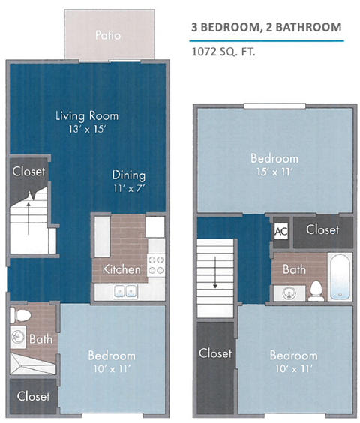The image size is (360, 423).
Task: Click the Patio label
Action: (109, 35)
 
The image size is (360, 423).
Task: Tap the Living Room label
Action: (88, 116)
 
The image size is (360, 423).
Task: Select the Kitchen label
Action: (121, 268)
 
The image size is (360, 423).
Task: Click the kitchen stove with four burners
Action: (156, 265)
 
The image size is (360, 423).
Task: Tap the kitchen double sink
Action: (124, 291)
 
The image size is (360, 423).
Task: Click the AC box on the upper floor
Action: (281, 230)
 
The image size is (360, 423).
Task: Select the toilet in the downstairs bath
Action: (21, 315)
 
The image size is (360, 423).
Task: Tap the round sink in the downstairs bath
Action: (18, 339)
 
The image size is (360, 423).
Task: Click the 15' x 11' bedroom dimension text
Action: (274, 171)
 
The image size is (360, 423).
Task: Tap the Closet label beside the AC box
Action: (322, 229)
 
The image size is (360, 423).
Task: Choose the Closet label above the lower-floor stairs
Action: (28, 172)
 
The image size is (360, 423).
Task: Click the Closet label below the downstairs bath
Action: (32, 395)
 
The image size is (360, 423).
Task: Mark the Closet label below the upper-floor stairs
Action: (215, 352)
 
